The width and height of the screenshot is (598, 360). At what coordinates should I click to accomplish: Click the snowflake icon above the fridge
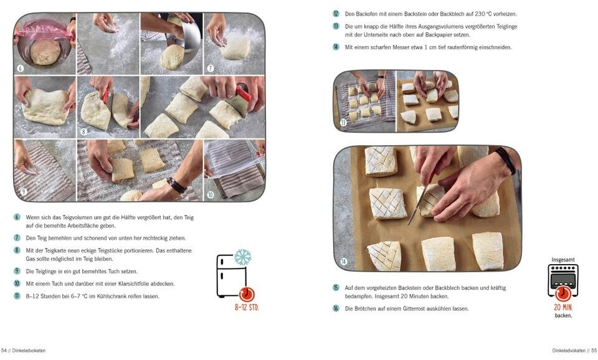242,257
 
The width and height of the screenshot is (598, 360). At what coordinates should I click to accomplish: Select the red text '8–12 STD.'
247,308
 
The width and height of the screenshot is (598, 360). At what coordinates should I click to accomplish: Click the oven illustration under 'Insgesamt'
563,280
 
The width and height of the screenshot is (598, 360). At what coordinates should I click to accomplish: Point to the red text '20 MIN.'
563,307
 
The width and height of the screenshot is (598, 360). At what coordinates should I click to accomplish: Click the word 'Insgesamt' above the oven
563,260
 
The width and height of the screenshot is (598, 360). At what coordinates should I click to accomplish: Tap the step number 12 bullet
336,14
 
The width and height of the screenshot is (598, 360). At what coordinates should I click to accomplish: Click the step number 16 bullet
336,308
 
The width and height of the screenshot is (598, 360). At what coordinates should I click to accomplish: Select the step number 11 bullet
17,296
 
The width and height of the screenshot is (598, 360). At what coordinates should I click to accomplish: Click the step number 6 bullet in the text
17,217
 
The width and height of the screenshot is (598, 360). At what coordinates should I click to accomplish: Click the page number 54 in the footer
4,351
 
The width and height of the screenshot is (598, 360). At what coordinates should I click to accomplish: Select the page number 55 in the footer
594,351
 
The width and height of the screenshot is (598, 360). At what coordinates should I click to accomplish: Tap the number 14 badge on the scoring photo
344,261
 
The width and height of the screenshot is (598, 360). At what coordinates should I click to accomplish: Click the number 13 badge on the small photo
343,123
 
